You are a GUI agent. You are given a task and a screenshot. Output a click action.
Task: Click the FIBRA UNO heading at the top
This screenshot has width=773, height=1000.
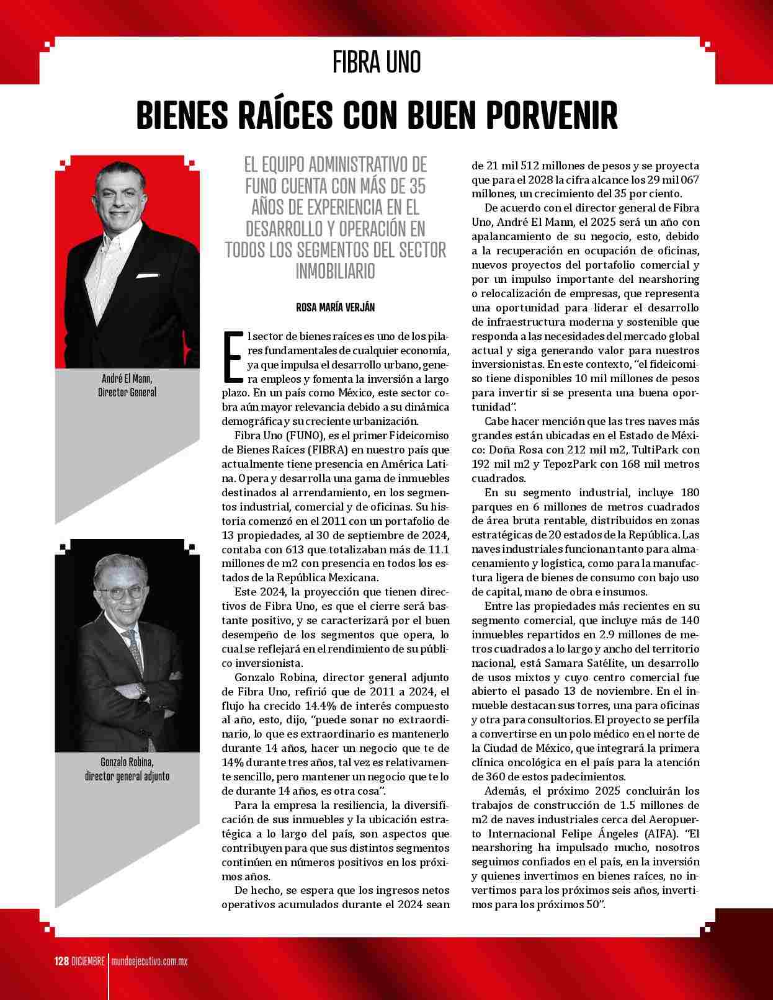tap(377, 62)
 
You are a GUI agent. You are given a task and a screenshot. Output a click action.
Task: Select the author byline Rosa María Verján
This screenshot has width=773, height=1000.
tap(335, 307)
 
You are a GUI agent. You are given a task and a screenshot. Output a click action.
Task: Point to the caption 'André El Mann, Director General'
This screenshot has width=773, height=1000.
tap(127, 385)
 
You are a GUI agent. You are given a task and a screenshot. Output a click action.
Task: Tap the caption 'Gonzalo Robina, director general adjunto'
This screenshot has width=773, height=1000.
tap(127, 769)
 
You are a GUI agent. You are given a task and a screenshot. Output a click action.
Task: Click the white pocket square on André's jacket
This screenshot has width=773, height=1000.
tap(148, 277)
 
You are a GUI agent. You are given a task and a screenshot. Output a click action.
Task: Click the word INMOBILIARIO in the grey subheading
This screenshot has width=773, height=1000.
tap(335, 271)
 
